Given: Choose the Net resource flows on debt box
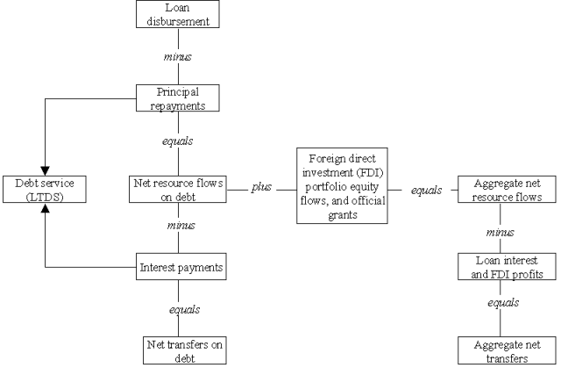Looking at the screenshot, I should coord(177,190).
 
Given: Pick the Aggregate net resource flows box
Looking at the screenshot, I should coord(506,191).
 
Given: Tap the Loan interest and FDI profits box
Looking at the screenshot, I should coord(506,266).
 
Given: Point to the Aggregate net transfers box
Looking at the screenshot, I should coord(506,350).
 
